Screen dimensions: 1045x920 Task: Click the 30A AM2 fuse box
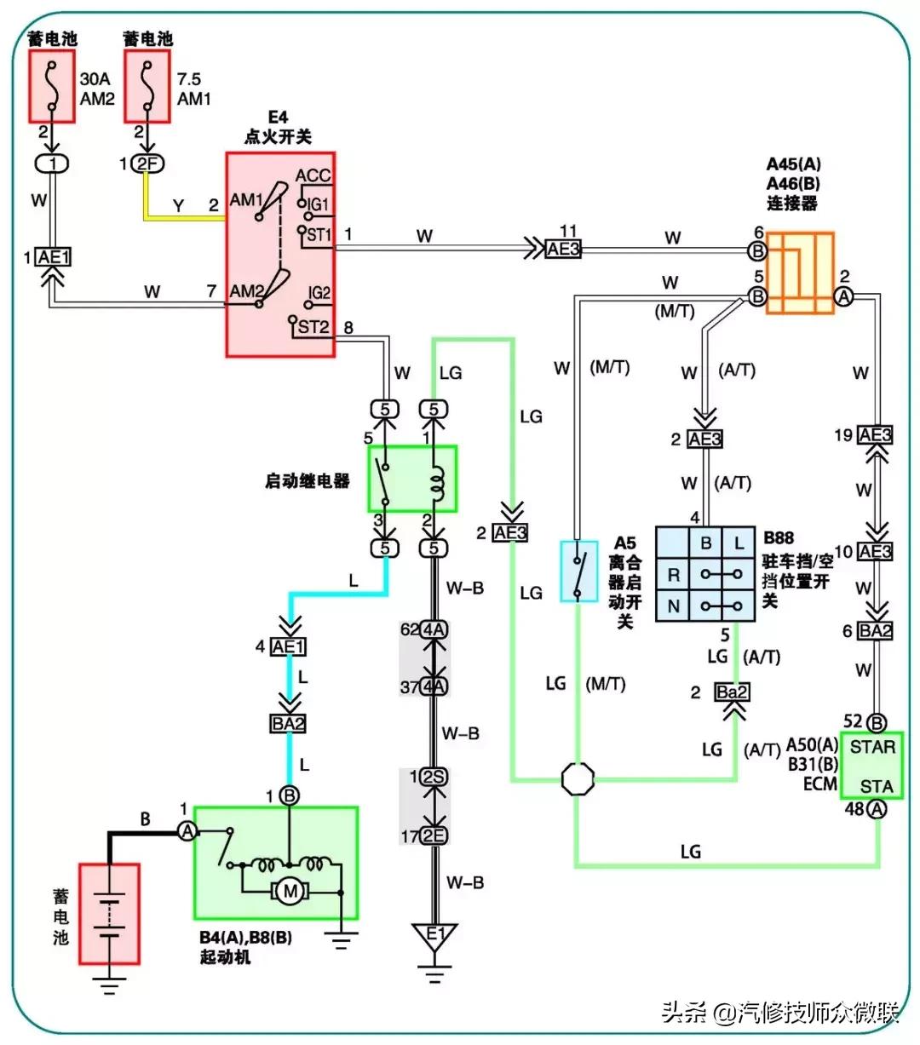coord(52,86)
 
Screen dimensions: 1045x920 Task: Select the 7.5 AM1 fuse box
coord(147,86)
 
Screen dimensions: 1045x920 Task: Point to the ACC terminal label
coord(313,176)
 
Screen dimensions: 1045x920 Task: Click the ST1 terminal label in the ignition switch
coord(319,234)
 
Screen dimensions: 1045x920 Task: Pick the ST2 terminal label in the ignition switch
coord(313,327)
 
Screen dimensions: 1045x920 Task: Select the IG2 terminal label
coord(319,293)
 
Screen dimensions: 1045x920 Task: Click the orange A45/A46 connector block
coord(799,273)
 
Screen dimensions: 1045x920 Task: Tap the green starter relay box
coord(412,479)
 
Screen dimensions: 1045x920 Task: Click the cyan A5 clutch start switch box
coord(578,571)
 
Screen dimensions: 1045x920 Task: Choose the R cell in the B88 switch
coord(673,574)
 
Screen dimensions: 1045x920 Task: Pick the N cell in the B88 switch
coord(673,606)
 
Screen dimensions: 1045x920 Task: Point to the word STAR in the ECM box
coord(872,747)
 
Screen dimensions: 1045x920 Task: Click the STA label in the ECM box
coord(876,785)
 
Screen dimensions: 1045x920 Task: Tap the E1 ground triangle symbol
coord(434,936)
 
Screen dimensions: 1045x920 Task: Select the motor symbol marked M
coord(290,892)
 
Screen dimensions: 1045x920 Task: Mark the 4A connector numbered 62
coord(434,629)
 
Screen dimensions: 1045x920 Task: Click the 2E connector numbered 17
coord(434,835)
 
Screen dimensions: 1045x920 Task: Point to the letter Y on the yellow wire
coord(178,205)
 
